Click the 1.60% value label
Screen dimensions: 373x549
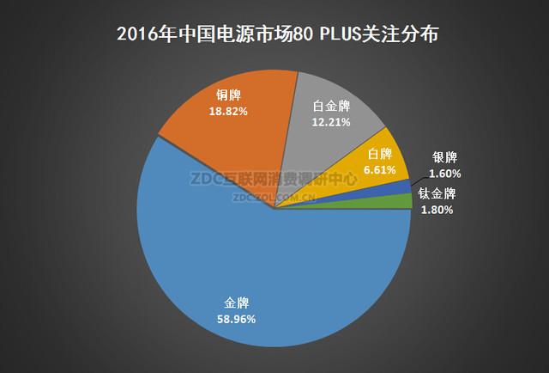point(445,172)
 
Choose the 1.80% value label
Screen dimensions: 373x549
point(437,209)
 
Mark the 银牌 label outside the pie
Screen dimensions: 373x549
point(445,157)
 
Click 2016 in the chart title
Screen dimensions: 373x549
point(135,35)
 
